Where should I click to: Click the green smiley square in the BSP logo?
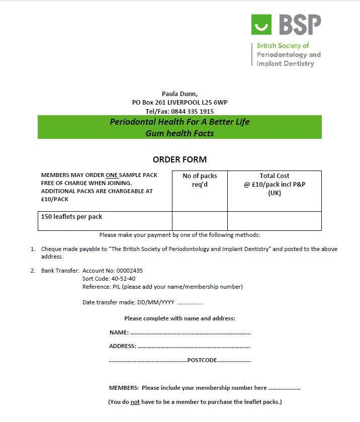pos(261,25)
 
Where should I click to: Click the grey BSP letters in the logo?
pos(299,25)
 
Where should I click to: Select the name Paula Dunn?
pos(179,94)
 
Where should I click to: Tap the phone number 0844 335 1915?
pos(193,111)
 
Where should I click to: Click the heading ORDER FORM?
pos(179,159)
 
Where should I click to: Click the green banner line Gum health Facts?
pos(179,133)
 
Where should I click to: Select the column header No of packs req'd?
pos(200,180)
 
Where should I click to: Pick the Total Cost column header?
pos(274,176)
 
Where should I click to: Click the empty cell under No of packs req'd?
pos(200,221)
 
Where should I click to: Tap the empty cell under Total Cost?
pos(274,221)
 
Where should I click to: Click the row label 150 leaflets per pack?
pos(72,217)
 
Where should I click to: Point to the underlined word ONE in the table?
pos(112,175)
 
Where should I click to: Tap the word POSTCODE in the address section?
pos(202,360)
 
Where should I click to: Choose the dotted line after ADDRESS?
pos(194,347)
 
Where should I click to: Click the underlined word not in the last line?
pos(134,402)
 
